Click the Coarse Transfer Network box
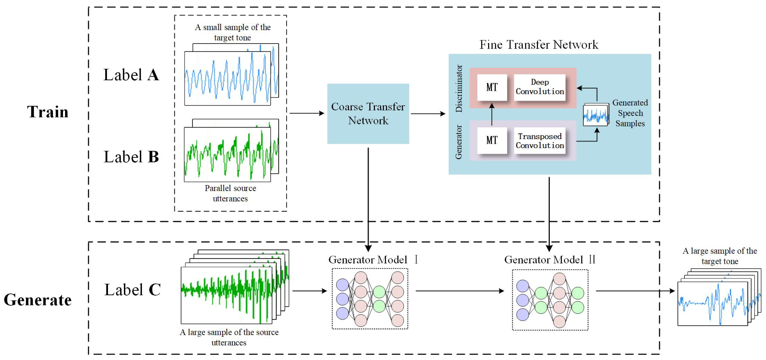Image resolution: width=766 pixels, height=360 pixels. tap(368, 114)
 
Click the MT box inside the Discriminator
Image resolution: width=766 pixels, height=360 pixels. tap(492, 87)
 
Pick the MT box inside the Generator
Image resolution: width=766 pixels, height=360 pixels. tap(492, 140)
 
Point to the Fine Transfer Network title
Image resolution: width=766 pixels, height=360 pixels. tap(539, 45)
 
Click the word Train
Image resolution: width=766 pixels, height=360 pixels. tap(47, 112)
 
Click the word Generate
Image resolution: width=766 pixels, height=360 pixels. tap(38, 300)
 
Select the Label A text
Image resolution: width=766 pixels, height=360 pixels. tap(131, 75)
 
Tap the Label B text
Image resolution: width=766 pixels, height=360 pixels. tap(131, 157)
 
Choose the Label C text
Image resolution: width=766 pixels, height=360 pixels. tap(132, 290)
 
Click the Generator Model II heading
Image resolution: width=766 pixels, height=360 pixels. tap(550, 260)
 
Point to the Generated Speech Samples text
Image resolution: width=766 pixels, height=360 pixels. tap(630, 113)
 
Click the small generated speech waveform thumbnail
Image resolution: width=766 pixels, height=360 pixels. tap(596, 115)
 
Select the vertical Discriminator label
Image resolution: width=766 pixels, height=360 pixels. tap(459, 88)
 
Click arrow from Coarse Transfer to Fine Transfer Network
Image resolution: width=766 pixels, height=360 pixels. tap(428, 114)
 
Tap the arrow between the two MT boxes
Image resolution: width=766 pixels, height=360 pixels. tap(492, 114)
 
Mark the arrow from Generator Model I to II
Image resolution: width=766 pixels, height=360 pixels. tap(459, 291)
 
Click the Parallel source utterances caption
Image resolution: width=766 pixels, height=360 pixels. tap(230, 193)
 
